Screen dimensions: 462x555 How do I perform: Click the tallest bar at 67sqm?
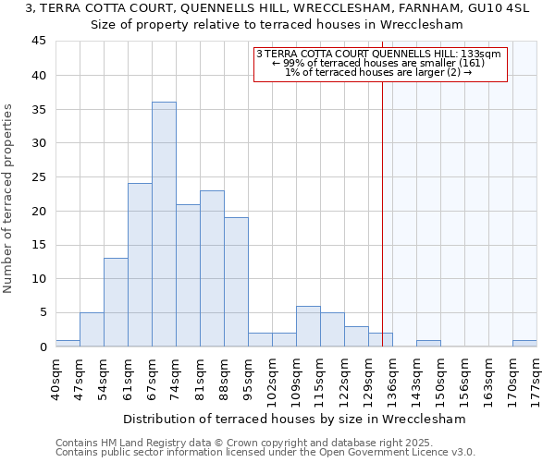(164, 225)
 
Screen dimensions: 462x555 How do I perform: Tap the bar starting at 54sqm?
(116, 302)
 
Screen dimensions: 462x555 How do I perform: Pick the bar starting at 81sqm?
(212, 268)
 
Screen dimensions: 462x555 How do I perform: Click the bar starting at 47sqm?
(92, 330)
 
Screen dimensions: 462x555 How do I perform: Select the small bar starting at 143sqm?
(428, 343)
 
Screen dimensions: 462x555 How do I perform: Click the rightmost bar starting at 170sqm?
(524, 343)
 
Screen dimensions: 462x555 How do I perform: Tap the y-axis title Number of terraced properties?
(9, 199)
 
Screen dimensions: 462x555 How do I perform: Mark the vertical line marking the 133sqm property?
(382, 213)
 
